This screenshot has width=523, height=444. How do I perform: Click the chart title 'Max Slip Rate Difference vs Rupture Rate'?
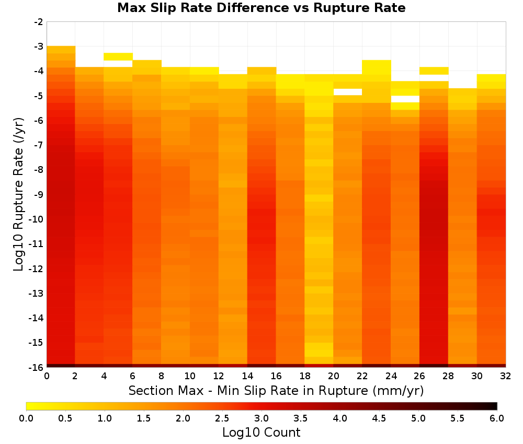tap(261, 8)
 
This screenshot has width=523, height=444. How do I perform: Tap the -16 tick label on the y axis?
tap(37, 367)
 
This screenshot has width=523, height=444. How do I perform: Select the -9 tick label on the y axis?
tap(38, 194)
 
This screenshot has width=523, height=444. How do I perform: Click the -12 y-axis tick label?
tap(37, 268)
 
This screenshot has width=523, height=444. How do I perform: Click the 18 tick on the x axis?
tap(304, 376)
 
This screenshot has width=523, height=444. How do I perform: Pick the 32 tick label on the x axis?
tap(506, 376)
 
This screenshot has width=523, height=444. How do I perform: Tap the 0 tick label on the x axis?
tap(47, 376)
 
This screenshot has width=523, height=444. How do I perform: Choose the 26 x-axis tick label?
tap(419, 376)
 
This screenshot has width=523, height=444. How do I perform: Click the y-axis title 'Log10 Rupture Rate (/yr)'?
tap(19, 194)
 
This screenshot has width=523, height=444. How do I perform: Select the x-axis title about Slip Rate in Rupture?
tap(276, 390)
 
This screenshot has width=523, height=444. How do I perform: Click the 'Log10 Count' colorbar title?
tap(261, 433)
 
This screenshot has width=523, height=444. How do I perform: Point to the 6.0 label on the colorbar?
tap(497, 418)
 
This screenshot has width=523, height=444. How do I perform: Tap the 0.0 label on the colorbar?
tap(26, 418)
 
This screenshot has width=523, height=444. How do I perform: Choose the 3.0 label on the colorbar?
tap(261, 418)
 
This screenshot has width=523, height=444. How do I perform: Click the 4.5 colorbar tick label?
tap(379, 418)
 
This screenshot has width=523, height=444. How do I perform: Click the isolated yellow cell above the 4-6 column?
tap(118, 56)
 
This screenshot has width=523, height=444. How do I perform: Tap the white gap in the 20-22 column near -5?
tap(348, 92)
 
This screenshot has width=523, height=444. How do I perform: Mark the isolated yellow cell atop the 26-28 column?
tap(434, 71)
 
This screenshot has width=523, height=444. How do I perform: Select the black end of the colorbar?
tap(494, 406)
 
